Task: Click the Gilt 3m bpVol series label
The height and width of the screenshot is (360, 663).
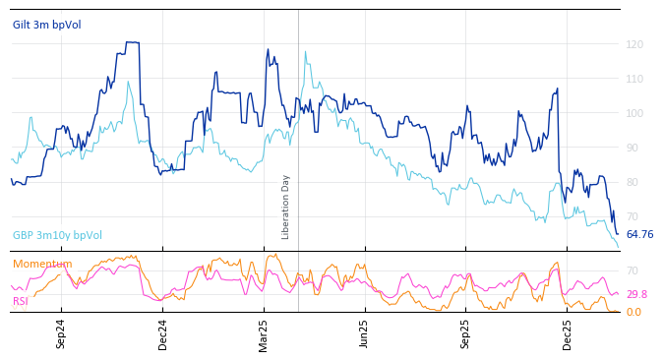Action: tap(46, 25)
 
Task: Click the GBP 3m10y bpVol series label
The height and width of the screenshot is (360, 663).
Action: tap(57, 235)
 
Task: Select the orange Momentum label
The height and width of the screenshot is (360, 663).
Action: tap(42, 264)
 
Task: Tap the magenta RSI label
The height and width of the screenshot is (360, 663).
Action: tap(21, 301)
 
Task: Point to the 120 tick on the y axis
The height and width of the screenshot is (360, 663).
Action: tap(634, 44)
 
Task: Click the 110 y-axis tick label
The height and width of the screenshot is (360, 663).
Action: tap(634, 79)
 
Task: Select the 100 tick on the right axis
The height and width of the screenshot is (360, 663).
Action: tap(634, 113)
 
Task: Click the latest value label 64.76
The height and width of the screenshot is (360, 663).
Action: tap(639, 234)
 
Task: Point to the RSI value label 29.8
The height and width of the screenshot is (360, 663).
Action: tap(636, 294)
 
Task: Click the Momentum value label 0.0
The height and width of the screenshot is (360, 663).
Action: tap(633, 312)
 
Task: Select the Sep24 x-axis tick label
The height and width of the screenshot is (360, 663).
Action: tap(61, 333)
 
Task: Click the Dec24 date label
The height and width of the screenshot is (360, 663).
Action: tap(163, 333)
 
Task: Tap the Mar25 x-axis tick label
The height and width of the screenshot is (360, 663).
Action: tap(264, 333)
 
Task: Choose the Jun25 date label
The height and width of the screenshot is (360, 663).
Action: tap(364, 333)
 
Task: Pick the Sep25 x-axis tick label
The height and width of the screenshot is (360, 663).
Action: tap(465, 333)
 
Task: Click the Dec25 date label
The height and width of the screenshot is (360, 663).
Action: tap(567, 333)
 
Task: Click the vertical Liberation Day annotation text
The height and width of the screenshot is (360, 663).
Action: tap(286, 207)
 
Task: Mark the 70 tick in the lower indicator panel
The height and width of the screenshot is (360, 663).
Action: tap(633, 270)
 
